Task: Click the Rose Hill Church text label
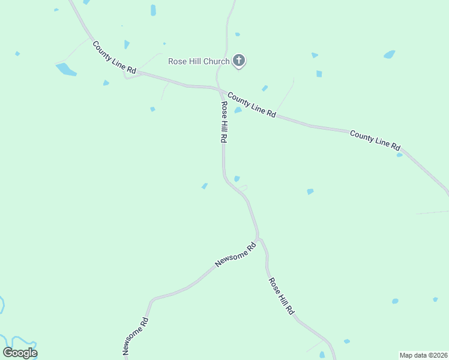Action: point(199,61)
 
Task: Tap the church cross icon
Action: point(239,60)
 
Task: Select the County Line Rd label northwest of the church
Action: point(114,58)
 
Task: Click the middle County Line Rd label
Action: point(251,105)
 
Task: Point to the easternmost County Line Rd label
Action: point(375,140)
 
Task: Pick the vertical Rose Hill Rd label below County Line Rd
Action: point(224,122)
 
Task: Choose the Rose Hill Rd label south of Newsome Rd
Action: point(281,296)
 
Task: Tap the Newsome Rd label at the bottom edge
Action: point(135,336)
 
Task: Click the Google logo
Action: point(20,353)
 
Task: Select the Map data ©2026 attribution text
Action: point(424,355)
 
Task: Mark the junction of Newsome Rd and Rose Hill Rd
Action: point(257,240)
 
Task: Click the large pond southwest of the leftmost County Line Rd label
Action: point(66,69)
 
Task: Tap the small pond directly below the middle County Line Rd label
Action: point(238,110)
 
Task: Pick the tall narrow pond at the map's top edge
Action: point(153,10)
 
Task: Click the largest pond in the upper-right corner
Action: point(390,55)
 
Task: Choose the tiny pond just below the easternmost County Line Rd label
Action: point(399,155)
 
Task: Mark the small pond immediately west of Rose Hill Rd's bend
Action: point(205,186)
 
